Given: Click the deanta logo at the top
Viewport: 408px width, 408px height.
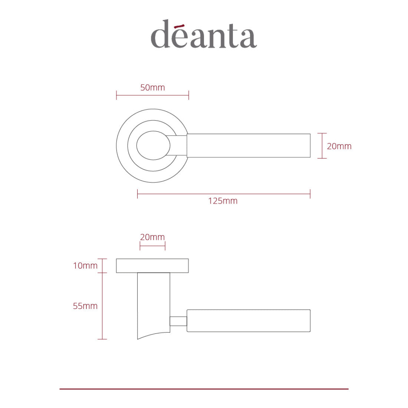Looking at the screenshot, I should tap(204, 34).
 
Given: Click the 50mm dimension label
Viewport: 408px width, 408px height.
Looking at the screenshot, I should tap(152, 88).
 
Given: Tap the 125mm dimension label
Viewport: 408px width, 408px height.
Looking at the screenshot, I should tap(223, 201).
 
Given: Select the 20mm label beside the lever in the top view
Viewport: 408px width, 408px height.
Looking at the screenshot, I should tap(339, 146).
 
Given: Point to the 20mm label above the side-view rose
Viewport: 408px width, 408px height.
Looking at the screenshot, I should tap(152, 237).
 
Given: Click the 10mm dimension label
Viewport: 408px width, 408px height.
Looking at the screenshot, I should tap(85, 266).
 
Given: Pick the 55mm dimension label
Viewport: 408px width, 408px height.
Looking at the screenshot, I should tap(85, 306).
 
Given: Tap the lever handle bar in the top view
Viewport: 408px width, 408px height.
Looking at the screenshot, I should tap(249, 145).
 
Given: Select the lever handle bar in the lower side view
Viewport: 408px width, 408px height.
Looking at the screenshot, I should tap(249, 320).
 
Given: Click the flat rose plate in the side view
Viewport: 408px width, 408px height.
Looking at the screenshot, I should tap(152, 266).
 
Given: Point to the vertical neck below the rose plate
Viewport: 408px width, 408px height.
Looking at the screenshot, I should tap(154, 300).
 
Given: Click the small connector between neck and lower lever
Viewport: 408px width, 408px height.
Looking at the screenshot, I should tap(178, 321).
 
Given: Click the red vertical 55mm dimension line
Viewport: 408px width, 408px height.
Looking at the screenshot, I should tap(102, 306).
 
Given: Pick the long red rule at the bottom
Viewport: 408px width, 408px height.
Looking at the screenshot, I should tap(204, 389).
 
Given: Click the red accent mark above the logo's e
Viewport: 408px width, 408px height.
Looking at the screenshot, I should tap(179, 26).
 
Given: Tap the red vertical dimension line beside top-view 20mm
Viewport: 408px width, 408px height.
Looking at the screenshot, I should tap(322, 146).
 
